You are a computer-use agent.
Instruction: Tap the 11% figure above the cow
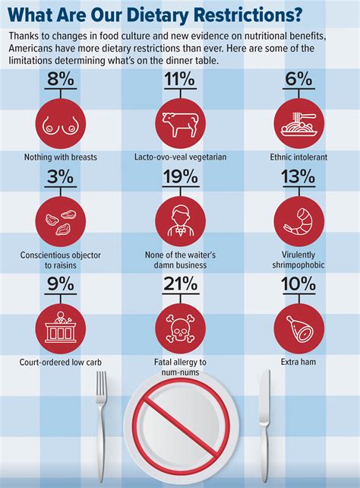179,78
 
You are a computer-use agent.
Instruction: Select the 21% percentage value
179,284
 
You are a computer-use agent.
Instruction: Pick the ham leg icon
298,325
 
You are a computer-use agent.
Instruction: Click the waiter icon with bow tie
179,220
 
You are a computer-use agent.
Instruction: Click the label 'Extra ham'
298,363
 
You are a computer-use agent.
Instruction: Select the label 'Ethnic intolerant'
298,157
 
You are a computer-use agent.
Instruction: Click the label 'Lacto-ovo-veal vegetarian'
179,157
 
